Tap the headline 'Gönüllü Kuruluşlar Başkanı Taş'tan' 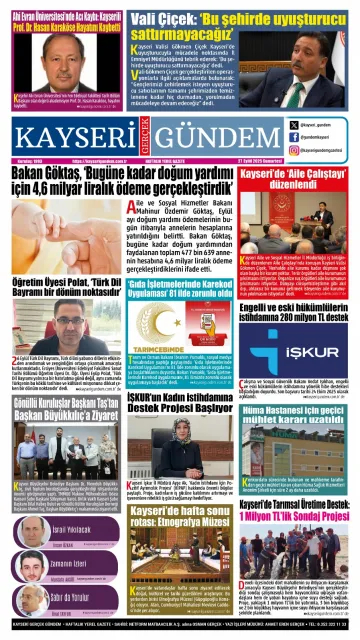coord(70,411)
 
